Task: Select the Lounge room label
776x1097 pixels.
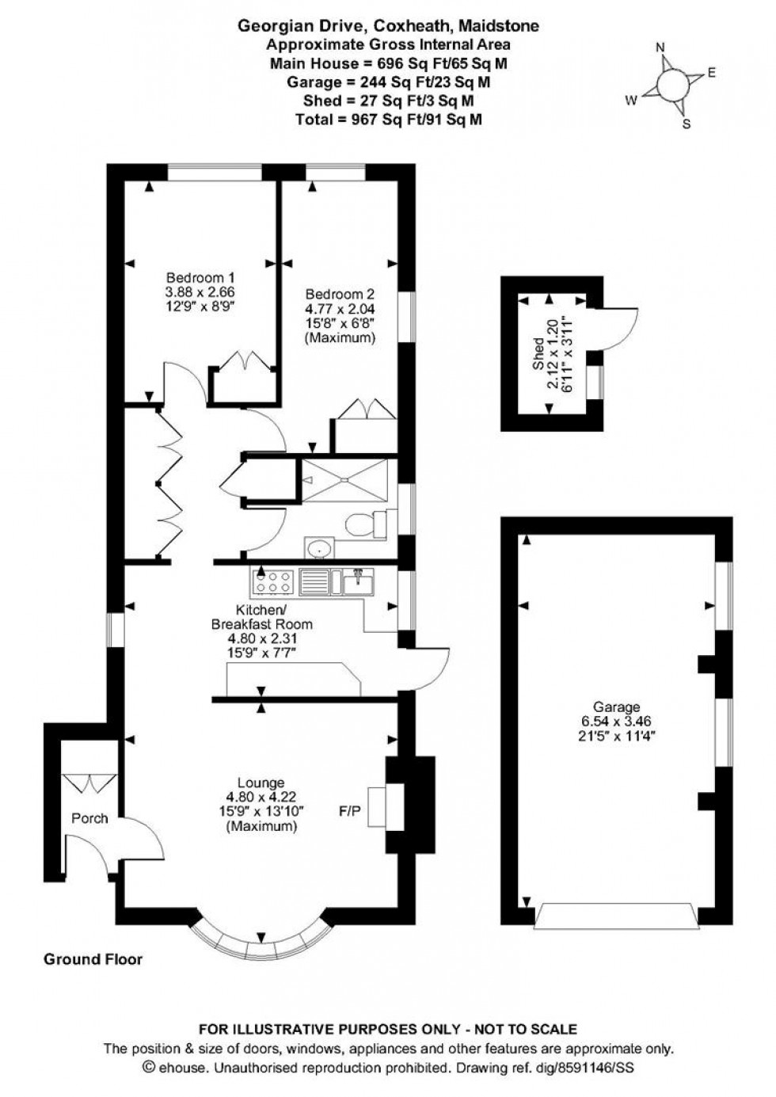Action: [x=261, y=783]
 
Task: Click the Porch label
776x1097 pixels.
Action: [x=89, y=818]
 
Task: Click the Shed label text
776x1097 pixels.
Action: [x=538, y=352]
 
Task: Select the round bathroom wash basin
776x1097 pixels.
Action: [x=320, y=547]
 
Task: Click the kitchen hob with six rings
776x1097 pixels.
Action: [x=272, y=583]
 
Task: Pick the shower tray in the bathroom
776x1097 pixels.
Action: [x=346, y=478]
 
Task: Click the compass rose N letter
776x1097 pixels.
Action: [x=660, y=48]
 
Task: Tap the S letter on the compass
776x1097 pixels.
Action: [x=687, y=124]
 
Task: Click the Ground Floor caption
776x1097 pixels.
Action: [x=93, y=959]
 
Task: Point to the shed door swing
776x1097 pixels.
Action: [x=620, y=327]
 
